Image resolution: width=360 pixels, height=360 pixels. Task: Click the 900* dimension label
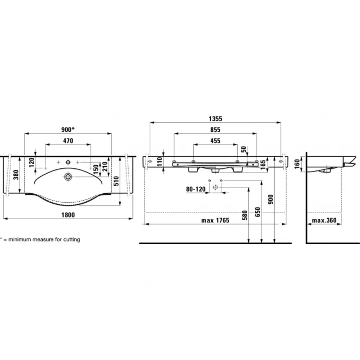[68, 130]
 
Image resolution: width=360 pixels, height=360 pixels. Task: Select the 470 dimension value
[68, 140]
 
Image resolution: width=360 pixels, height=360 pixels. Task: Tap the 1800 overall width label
[68, 215]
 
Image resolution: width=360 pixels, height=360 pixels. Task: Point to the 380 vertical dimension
[16, 175]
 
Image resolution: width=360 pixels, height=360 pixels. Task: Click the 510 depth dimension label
[116, 181]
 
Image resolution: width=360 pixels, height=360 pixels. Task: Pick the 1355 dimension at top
[215, 119]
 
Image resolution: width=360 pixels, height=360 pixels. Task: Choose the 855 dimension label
[215, 130]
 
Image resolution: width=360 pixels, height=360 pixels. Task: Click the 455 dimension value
[215, 140]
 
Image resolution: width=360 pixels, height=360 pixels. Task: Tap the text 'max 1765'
[215, 220]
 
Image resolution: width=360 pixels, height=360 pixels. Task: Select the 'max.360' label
[324, 220]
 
